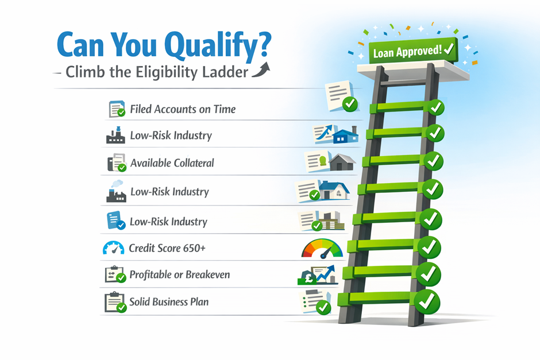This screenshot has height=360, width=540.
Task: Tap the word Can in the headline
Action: click(x=80, y=44)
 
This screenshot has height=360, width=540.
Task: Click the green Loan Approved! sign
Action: click(x=413, y=51)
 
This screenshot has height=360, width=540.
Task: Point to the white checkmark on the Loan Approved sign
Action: click(x=449, y=49)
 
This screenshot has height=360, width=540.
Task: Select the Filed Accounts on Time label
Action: click(x=183, y=109)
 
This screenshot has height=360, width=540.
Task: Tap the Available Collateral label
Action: click(x=172, y=163)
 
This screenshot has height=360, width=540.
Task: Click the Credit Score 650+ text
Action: click(x=167, y=248)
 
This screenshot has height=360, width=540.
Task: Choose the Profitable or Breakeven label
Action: click(x=179, y=274)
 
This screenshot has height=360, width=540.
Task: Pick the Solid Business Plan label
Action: click(x=169, y=302)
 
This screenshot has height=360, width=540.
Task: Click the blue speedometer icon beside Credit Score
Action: click(x=113, y=248)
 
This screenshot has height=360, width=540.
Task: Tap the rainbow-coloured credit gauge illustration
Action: click(x=322, y=249)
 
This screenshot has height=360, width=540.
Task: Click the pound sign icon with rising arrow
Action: click(x=317, y=275)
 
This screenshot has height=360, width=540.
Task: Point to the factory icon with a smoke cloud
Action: click(x=116, y=191)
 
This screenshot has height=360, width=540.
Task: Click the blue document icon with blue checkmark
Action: click(x=115, y=220)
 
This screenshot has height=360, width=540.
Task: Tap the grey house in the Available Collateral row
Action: click(x=342, y=162)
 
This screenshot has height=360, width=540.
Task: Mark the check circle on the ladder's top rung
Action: click(x=436, y=107)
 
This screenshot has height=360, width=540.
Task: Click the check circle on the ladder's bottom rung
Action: click(x=427, y=302)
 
